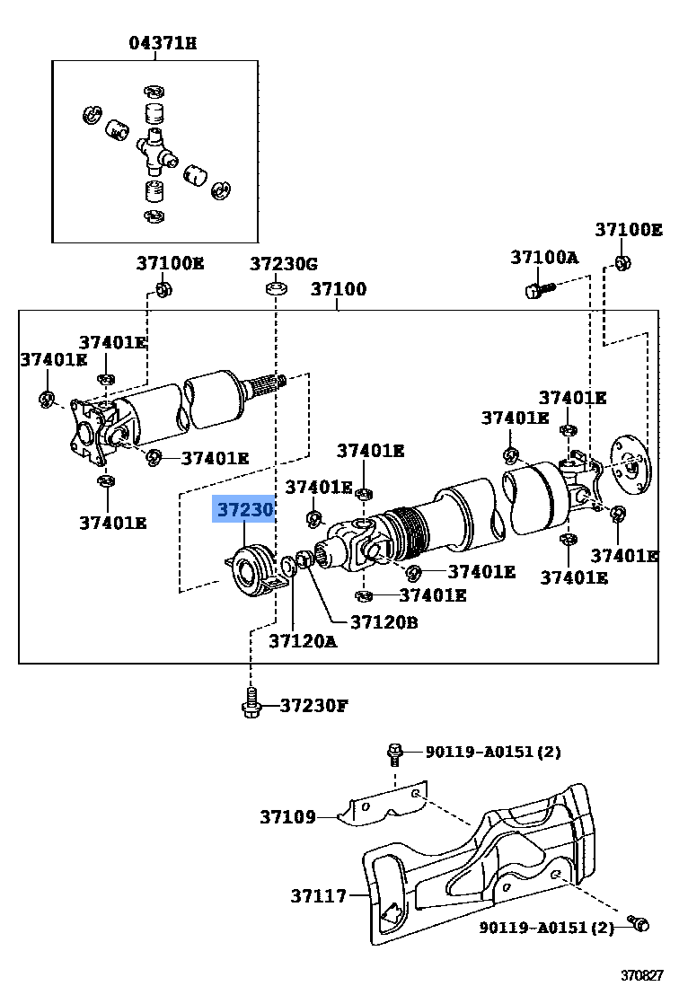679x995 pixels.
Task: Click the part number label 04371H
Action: tap(163, 43)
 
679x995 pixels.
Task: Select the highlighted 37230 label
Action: tap(243, 511)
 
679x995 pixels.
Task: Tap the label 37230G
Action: tap(284, 263)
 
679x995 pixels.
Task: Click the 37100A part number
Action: tap(544, 258)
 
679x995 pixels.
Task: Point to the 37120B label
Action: tap(384, 621)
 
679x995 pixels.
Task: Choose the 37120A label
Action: tap(303, 640)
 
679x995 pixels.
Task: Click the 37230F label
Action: tap(313, 705)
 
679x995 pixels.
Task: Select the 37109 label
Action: tap(288, 817)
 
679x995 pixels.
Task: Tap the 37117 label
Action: tap(318, 895)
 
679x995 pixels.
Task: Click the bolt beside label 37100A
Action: tap(535, 289)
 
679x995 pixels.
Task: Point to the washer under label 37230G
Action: tap(276, 288)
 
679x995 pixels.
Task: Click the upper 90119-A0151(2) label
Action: tap(493, 752)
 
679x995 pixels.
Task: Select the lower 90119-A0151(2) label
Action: tap(546, 927)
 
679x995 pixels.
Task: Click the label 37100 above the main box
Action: tap(339, 289)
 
